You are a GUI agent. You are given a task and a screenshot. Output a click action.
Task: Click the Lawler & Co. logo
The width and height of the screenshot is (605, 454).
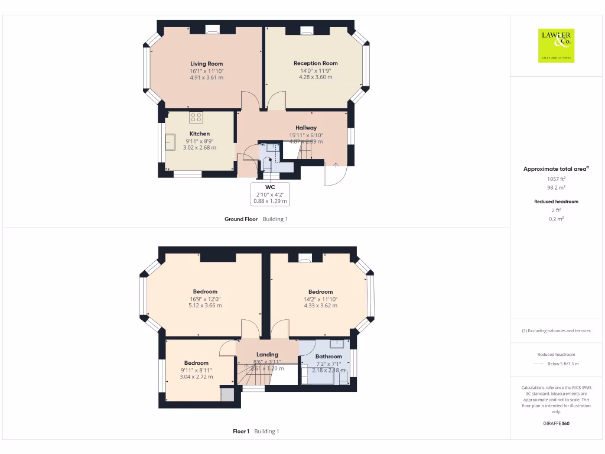556,46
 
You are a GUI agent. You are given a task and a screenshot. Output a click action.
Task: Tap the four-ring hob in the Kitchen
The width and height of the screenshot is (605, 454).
196,117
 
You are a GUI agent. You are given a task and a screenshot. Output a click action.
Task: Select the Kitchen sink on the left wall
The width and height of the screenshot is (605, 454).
170,141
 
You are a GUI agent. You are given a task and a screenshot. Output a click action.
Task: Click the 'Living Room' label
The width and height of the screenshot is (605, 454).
206,63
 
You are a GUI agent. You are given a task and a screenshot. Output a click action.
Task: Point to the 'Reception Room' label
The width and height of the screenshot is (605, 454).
315,63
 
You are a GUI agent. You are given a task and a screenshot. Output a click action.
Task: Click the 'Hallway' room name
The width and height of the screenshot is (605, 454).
306,128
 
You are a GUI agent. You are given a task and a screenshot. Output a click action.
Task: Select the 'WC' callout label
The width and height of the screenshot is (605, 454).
270,187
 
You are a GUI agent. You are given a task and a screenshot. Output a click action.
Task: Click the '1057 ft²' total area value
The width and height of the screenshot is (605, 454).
556,179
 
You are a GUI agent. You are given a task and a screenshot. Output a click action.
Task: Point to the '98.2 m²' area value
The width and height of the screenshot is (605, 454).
556,187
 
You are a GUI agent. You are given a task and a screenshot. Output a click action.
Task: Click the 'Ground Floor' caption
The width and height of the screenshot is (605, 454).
241,219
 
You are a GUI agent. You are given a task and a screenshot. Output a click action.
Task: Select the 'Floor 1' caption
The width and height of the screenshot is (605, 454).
241,432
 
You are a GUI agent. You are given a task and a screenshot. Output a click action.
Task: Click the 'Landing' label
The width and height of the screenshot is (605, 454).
267,355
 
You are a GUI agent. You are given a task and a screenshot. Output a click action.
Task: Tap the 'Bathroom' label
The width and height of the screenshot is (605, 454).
328,356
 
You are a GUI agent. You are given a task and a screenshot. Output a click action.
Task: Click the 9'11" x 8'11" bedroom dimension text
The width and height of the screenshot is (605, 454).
196,370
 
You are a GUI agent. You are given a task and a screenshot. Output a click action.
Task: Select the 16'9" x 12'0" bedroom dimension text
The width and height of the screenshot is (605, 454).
205,299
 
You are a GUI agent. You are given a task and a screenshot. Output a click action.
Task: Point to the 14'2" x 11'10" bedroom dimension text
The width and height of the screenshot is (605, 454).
320,299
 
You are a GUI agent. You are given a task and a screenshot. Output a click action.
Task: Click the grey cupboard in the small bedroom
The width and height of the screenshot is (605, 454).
227,395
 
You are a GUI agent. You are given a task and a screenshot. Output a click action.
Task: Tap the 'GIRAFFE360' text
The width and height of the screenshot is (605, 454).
556,424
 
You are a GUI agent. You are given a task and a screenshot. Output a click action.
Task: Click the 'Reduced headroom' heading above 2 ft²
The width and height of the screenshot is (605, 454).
556,202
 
